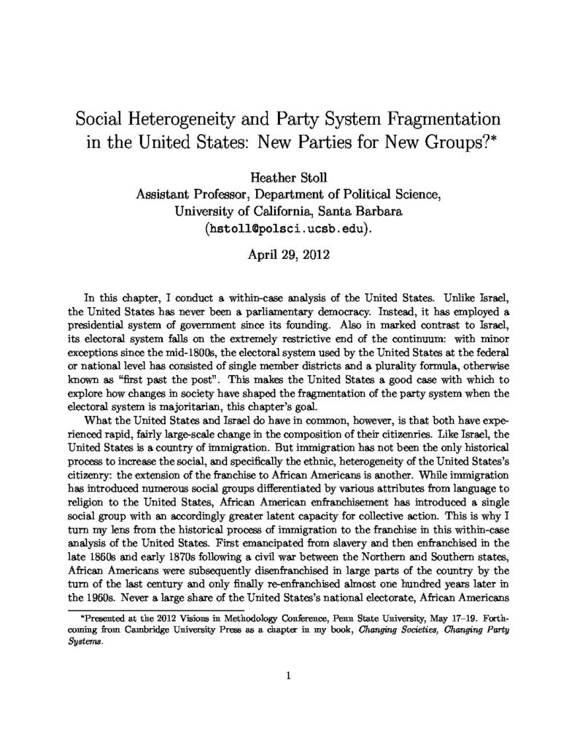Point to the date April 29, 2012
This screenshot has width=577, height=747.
point(288,257)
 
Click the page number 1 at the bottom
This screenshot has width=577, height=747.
point(289,676)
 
